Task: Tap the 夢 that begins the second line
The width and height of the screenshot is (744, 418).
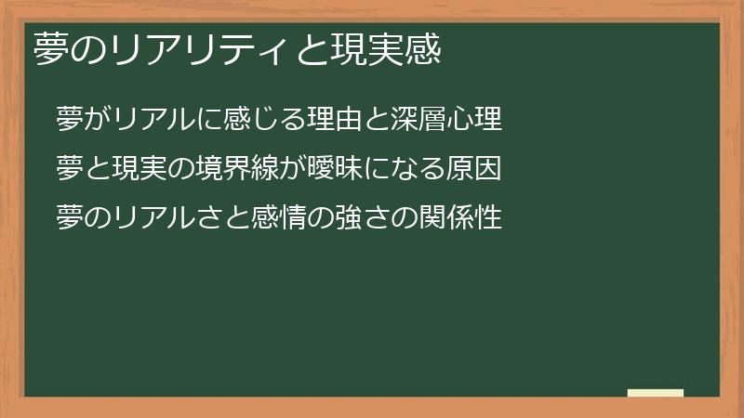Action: pyautogui.click(x=70, y=169)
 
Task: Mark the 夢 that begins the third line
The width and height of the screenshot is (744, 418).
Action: pyautogui.click(x=70, y=218)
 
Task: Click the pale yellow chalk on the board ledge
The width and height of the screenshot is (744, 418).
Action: pyautogui.click(x=656, y=393)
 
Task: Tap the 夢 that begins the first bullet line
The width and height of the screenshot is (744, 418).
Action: pyautogui.click(x=70, y=120)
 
